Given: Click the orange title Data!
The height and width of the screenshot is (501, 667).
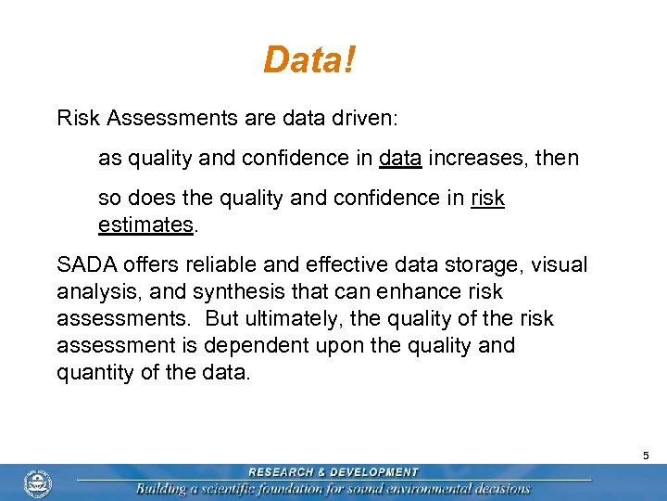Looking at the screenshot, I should click(x=309, y=61).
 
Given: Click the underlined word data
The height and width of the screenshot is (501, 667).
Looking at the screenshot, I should click(x=401, y=159).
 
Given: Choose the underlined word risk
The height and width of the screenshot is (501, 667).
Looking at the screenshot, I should click(x=487, y=199).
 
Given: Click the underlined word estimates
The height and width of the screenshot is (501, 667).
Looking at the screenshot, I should click(x=145, y=225).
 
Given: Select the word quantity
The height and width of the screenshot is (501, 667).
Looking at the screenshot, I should click(x=94, y=373).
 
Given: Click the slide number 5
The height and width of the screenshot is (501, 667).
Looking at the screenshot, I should click(x=646, y=456).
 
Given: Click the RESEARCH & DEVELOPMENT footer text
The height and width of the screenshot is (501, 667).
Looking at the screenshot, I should click(x=333, y=472).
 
